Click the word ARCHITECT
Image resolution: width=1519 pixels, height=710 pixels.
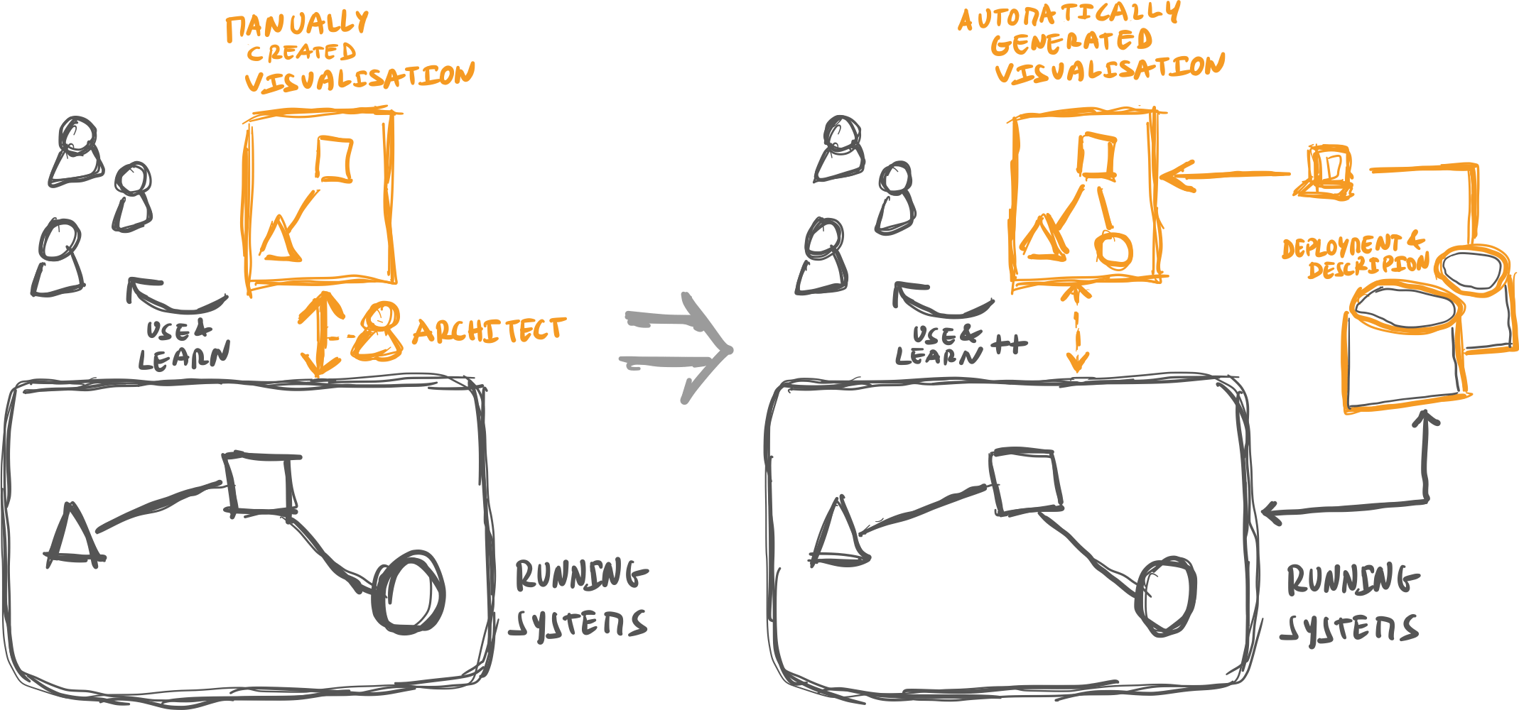pos(489,331)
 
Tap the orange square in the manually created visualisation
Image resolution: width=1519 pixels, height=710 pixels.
pos(334,159)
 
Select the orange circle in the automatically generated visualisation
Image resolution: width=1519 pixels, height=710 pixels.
pos(1113,249)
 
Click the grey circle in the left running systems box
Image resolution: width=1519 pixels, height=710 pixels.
pos(408,592)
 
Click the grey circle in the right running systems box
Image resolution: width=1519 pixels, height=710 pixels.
pos(1166,595)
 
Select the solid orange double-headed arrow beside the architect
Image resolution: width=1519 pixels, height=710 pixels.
pos(320,334)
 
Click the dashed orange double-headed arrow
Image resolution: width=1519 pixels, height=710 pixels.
pos(1078,327)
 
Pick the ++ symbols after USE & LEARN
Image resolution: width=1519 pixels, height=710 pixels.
pos(1009,345)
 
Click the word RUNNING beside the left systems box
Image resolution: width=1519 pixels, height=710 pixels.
pos(580,575)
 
